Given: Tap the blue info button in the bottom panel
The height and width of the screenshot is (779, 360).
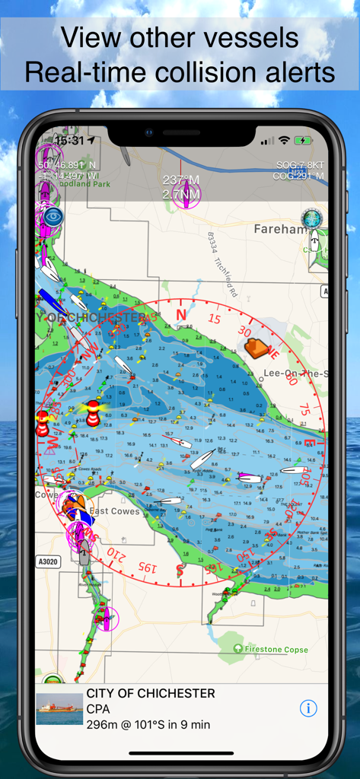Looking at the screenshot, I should pos(307,708).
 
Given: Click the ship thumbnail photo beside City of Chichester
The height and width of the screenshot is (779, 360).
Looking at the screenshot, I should pos(60,708).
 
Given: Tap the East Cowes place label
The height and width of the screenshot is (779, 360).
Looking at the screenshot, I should pos(114,511).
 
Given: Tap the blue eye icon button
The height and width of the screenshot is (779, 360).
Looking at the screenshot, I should pos(52,217).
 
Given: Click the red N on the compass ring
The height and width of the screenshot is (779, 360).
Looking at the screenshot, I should pos(180,314).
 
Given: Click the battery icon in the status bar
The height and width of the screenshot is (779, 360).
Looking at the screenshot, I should pos(304,141).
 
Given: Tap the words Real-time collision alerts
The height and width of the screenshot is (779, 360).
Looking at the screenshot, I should pos(180,72).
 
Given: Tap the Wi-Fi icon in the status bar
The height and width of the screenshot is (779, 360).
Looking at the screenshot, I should pos(284,141).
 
